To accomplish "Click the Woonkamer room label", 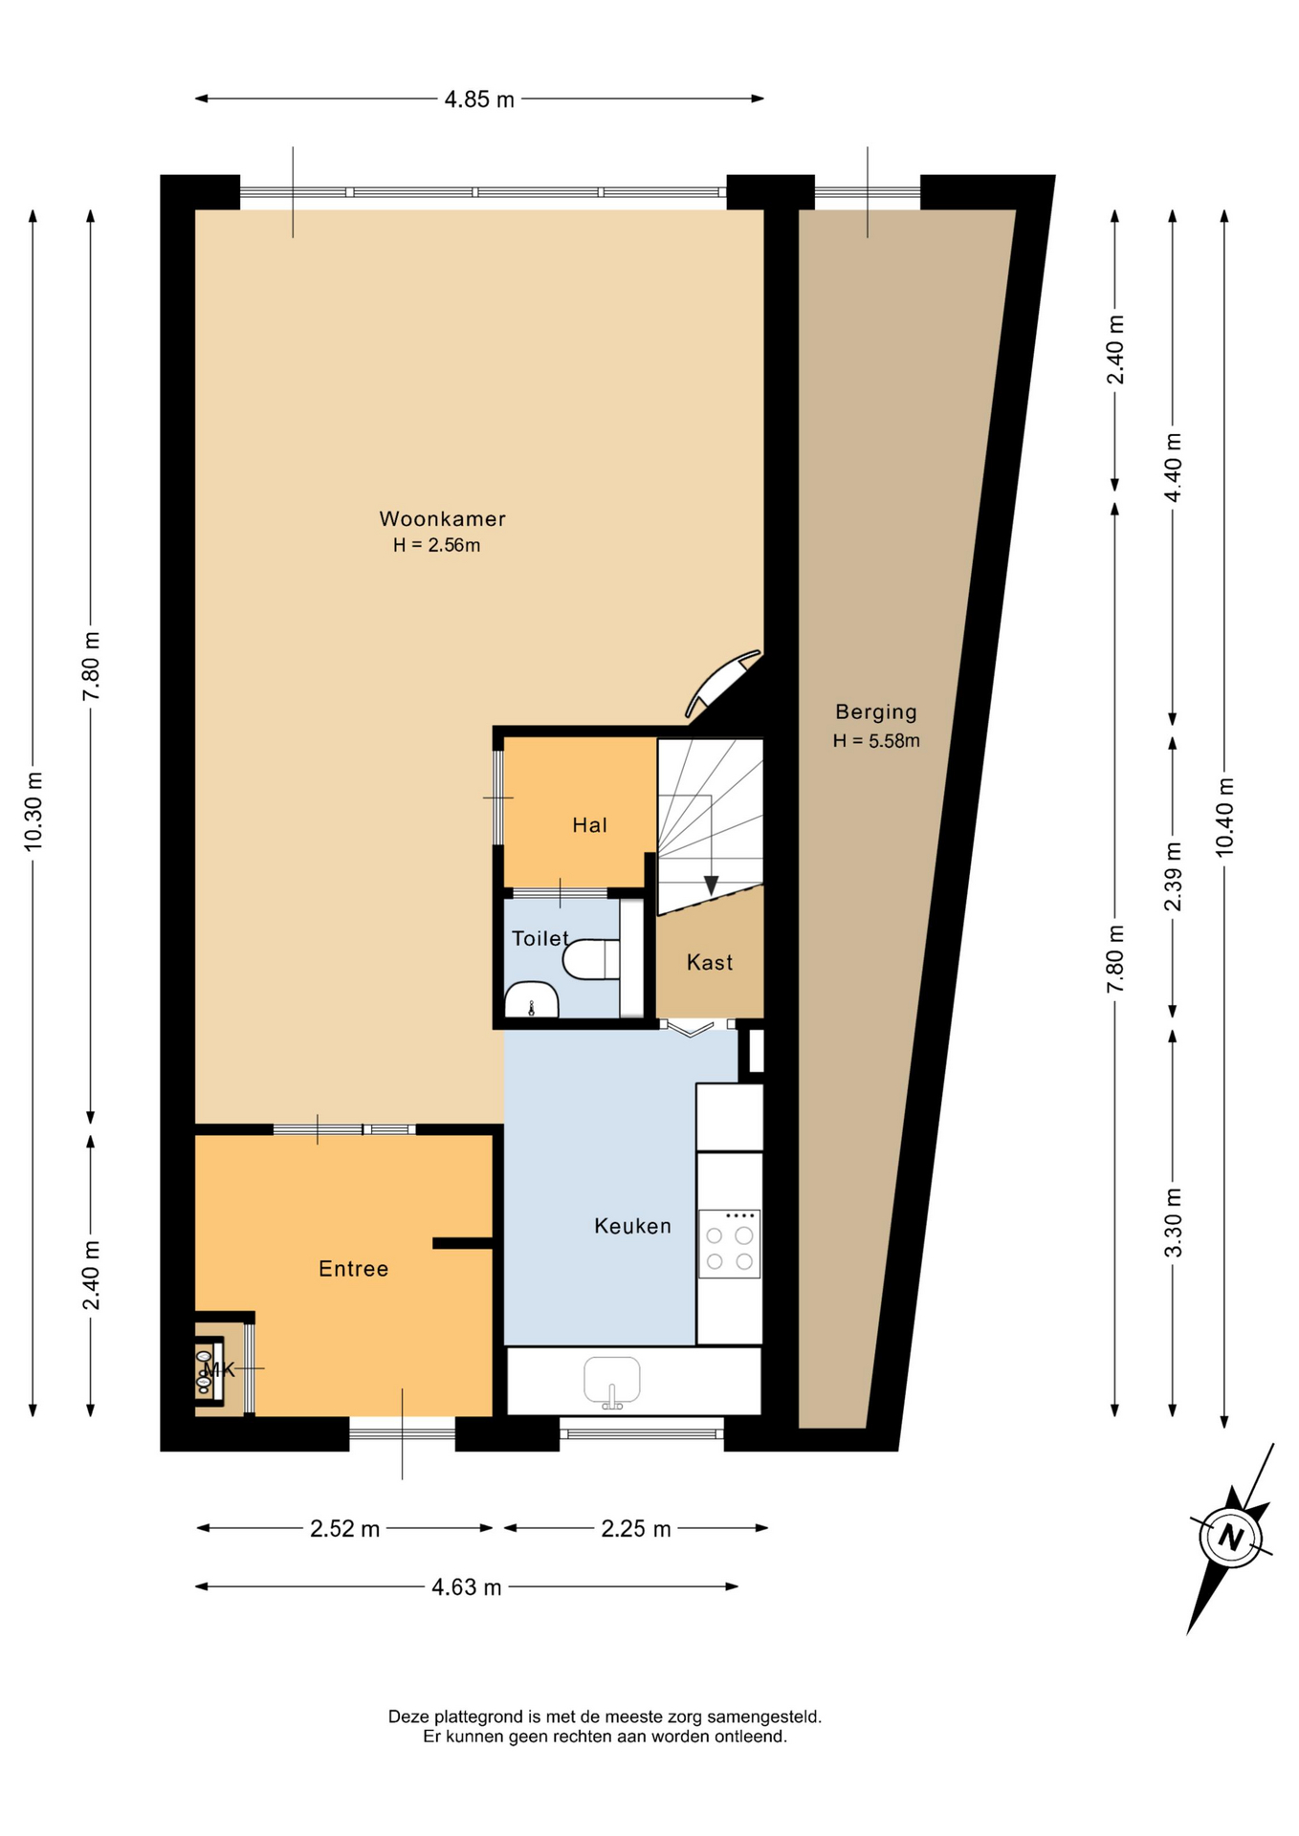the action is click(442, 519).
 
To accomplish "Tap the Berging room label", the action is click(876, 712).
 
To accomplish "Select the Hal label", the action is click(589, 825).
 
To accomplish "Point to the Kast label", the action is click(710, 963).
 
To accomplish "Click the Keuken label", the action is click(632, 1226).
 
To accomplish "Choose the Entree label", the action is click(354, 1269).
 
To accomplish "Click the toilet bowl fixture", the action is click(591, 960).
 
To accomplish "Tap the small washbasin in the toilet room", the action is click(531, 999).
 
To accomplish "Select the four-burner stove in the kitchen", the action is click(730, 1244).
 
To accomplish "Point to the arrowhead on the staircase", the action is click(711, 885).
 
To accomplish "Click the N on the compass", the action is click(1231, 1538).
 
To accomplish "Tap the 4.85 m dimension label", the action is click(479, 99).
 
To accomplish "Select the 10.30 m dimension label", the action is click(33, 811).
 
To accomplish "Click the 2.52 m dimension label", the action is click(344, 1529).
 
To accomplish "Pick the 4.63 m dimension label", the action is click(466, 1587).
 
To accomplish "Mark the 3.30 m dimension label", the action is click(1173, 1223).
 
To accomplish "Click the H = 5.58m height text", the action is click(876, 741).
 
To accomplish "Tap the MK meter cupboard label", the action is click(219, 1369).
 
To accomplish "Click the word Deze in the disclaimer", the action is click(407, 1716).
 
